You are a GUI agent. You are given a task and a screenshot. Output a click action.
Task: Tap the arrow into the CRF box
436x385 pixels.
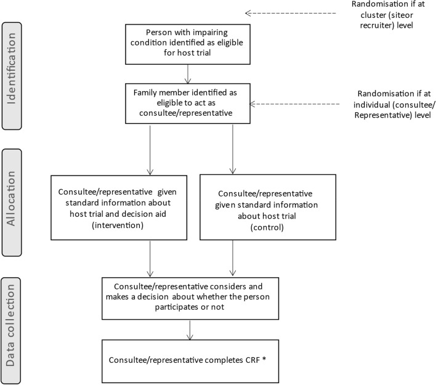point(189,330)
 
